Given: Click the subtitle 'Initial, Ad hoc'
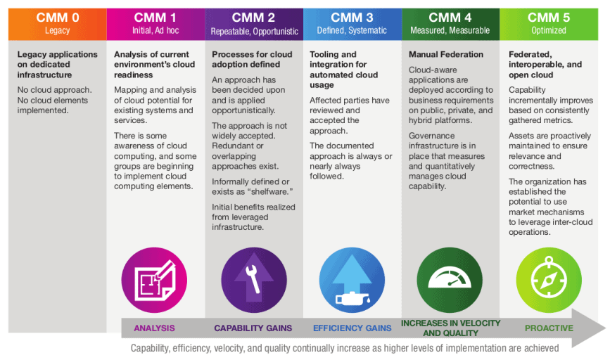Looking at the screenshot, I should [x=155, y=31].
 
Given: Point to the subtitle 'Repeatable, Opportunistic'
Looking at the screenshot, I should [x=254, y=31].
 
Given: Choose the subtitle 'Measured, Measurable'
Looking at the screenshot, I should [x=450, y=31].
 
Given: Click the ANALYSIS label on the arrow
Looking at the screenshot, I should [x=154, y=328].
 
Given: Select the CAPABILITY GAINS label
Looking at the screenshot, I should [x=253, y=328].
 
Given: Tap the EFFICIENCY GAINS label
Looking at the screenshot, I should [x=352, y=328].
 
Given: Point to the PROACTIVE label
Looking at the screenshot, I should [x=549, y=328].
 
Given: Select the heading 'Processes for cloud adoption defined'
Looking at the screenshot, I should [x=251, y=59].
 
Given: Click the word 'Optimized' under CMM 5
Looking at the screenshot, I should [x=549, y=31].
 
